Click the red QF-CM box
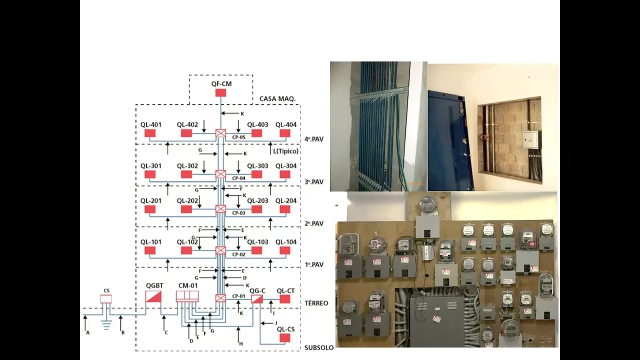[x=220, y=93]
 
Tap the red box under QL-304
[x=285, y=174]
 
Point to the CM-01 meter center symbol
[x=187, y=296]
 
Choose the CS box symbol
[x=105, y=299]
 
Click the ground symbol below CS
[x=106, y=325]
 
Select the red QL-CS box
[x=285, y=338]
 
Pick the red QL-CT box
[x=285, y=299]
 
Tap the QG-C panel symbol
[x=256, y=299]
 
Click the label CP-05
[x=238, y=137]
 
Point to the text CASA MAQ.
[x=277, y=99]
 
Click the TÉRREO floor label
[x=316, y=303]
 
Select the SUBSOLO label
[x=319, y=347]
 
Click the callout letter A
[x=87, y=332]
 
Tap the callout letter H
[x=241, y=344]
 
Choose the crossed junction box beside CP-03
[x=220, y=209]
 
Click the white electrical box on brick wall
[x=530, y=139]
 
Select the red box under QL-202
[x=186, y=209]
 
